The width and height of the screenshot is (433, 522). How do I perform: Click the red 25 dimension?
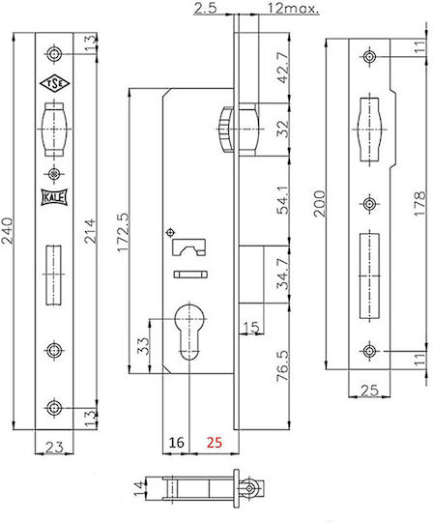coord(214,443)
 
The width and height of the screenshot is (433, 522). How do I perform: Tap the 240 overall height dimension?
coord(8,231)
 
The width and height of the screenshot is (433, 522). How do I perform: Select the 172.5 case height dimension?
coord(124,233)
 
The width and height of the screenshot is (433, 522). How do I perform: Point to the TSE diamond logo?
coord(55,83)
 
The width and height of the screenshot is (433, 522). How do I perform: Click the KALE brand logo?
coord(54,197)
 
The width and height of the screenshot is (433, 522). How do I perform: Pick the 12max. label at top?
coord(293,9)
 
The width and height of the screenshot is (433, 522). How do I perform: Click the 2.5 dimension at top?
coord(205,9)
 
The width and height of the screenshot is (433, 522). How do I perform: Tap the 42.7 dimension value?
coord(283,68)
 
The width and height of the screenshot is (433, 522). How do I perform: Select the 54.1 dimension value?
coord(283,200)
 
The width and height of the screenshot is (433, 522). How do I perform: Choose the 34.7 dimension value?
coord(283,274)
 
